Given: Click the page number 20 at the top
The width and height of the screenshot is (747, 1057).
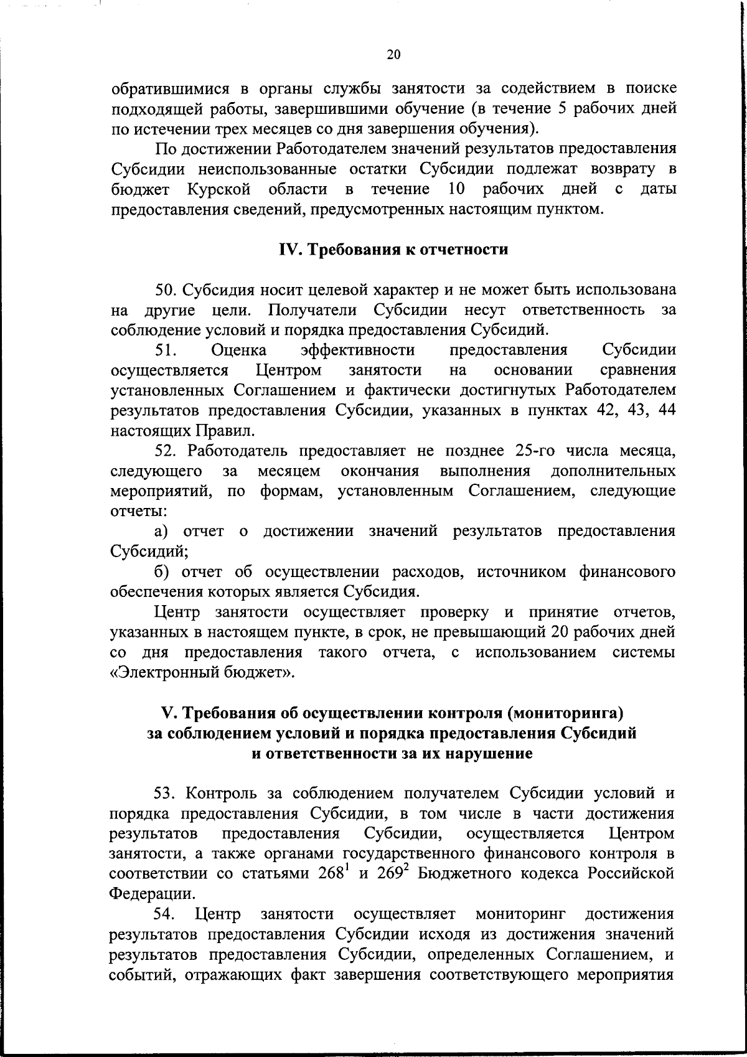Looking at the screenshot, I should [393, 55].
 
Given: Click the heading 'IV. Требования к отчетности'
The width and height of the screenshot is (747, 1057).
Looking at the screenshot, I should [393, 250].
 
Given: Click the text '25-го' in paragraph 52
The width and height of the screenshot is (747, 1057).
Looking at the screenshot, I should [539, 450].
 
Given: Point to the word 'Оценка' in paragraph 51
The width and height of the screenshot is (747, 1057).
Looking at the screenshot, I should [239, 350].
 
